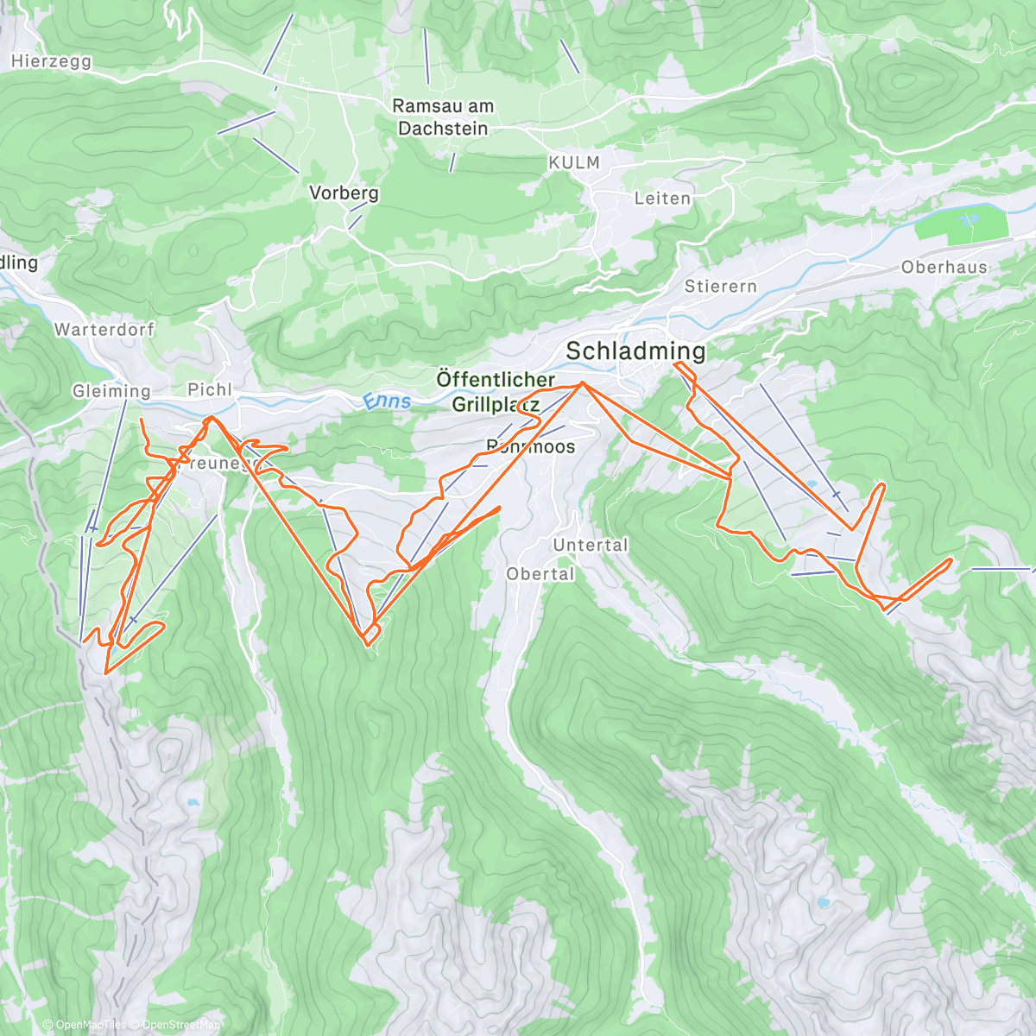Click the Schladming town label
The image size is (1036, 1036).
point(635,351)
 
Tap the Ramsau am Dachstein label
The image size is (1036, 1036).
point(443,117)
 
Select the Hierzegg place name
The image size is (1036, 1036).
point(52,61)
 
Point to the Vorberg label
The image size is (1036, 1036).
point(344,193)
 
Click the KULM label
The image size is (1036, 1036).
point(573,162)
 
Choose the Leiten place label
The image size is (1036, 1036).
point(662,198)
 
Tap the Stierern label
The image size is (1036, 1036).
point(720,286)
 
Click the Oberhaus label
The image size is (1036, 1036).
point(944,267)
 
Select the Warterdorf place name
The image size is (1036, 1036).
point(104,329)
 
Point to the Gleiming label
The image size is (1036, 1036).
point(111,391)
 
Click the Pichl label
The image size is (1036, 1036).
point(210,389)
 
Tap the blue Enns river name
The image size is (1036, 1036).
point(386,401)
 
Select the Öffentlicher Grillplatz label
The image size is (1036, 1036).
point(496,391)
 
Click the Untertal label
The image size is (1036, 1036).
point(591,545)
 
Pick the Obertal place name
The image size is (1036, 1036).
point(540,573)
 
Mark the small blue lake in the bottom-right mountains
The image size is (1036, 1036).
point(824,903)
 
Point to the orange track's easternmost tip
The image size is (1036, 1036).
point(951,560)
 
